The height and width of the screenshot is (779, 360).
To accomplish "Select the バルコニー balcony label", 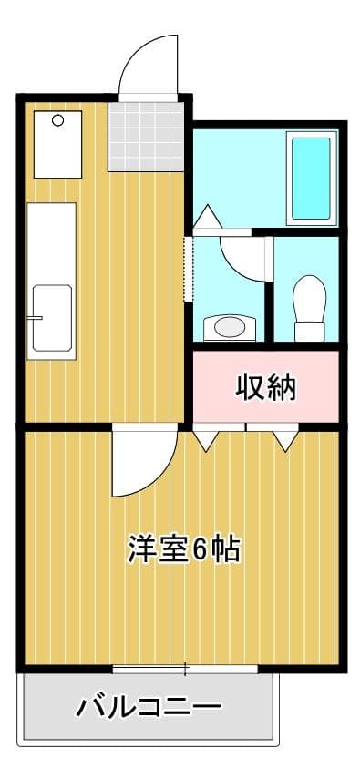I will (x=149, y=706).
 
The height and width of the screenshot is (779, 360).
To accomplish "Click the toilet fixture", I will (x=310, y=307).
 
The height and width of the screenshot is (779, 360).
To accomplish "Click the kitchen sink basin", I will (x=51, y=318).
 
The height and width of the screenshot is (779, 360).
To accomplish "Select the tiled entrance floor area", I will (x=145, y=136).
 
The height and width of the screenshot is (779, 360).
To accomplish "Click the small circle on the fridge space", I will (x=57, y=120).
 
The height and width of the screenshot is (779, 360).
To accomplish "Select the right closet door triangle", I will (x=285, y=439).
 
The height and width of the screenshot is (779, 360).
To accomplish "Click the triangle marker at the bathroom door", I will (x=205, y=218).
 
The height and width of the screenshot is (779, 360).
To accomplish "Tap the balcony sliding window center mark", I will (x=185, y=670).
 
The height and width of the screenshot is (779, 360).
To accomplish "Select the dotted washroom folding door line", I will (x=188, y=270).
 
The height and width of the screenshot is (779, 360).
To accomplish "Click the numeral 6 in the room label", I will (x=202, y=549).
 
